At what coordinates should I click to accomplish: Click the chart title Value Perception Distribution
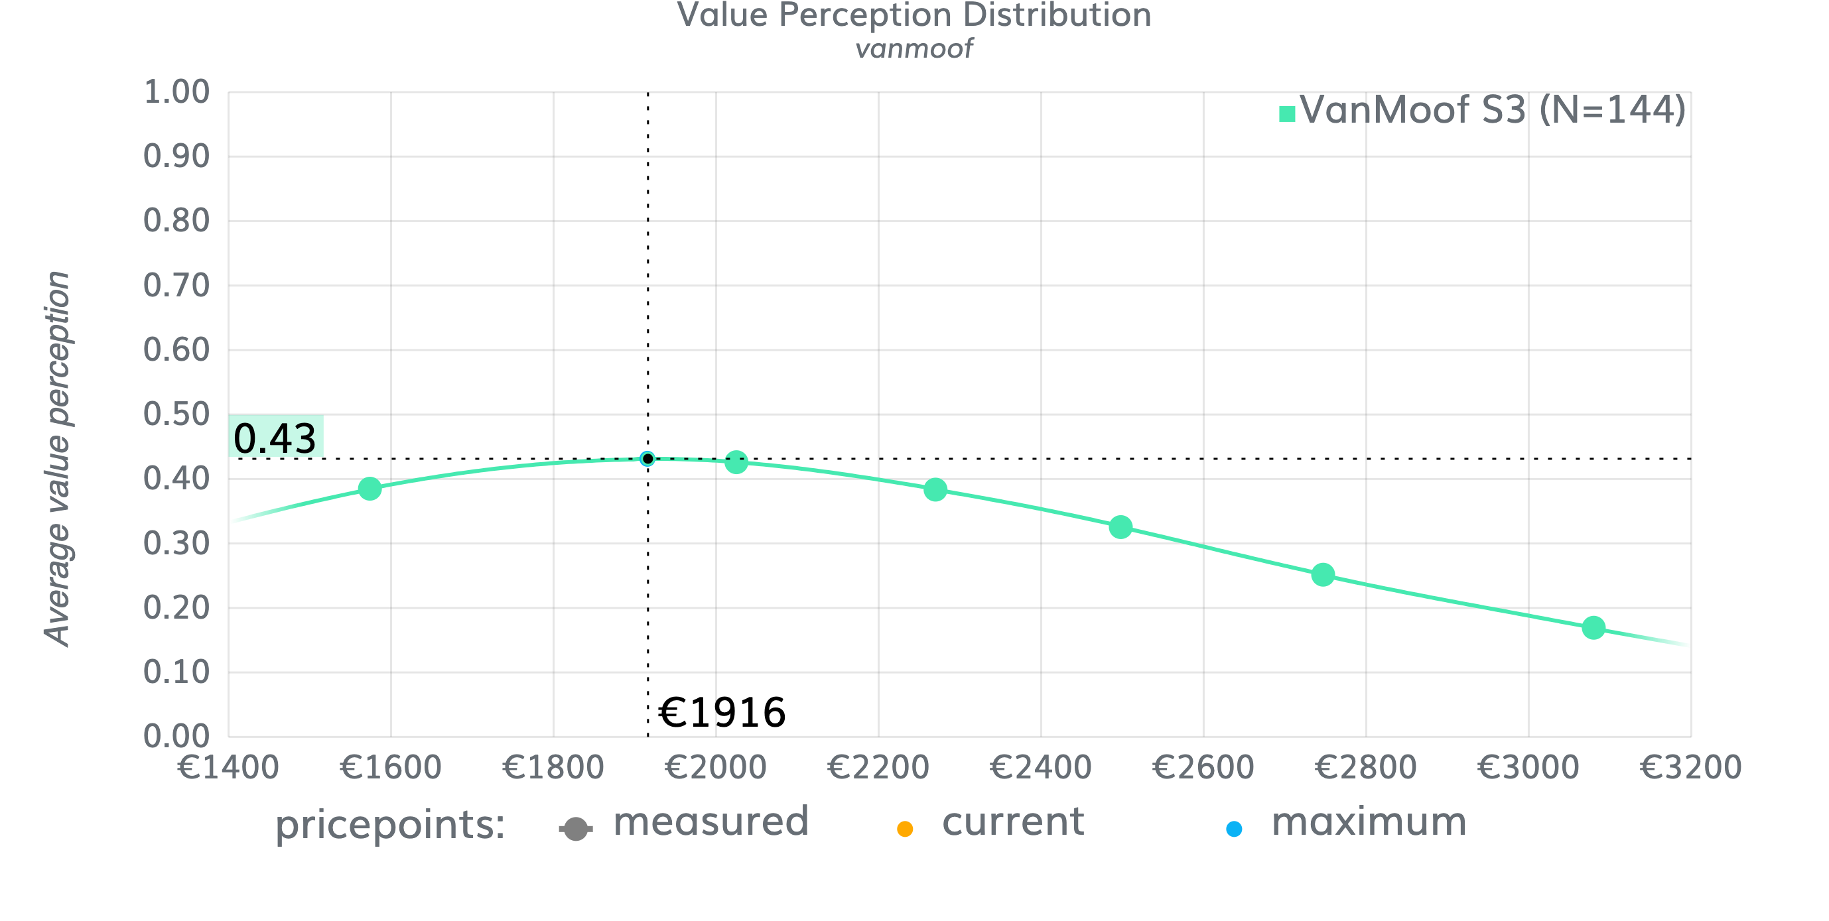pos(914,16)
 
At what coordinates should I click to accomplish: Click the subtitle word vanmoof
pos(914,49)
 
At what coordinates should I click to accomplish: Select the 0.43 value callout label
pos(275,437)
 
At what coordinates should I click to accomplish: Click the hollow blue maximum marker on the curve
pos(647,459)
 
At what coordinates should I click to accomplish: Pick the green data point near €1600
pos(370,488)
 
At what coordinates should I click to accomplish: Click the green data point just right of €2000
pos(736,463)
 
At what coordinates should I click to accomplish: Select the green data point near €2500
pos(1120,527)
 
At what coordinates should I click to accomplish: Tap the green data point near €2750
pos(1323,575)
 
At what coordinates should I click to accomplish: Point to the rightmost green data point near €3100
pos(1593,627)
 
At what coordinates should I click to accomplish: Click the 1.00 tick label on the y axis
pos(176,93)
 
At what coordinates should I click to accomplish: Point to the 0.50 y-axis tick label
pos(176,414)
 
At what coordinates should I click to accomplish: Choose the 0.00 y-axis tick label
pos(176,737)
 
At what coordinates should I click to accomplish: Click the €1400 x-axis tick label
pos(228,768)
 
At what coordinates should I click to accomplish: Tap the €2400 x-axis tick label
pos(1041,768)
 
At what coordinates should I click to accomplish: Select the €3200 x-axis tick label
pos(1690,768)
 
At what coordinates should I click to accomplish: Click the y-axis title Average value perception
pos(57,458)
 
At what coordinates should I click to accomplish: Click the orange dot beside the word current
pos(905,829)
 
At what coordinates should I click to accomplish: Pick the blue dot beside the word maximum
pos(1234,829)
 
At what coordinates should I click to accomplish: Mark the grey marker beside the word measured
pos(576,829)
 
